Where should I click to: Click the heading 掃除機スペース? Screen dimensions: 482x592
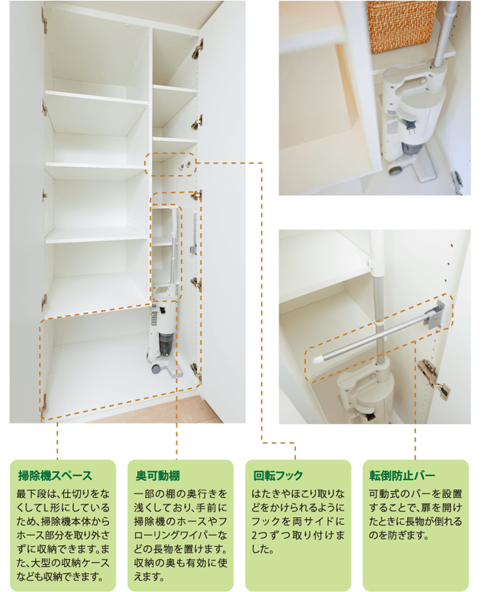click(x=55, y=476)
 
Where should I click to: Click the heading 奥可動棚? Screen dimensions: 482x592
click(x=157, y=476)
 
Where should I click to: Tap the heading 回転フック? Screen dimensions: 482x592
click(x=278, y=476)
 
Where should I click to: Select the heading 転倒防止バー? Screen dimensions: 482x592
click(x=402, y=476)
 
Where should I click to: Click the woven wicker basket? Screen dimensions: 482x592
click(x=401, y=26)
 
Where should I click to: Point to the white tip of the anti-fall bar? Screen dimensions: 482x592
click(x=318, y=359)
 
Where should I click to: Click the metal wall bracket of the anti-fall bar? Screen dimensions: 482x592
click(x=436, y=313)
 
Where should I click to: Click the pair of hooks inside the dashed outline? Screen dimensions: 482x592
click(x=185, y=165)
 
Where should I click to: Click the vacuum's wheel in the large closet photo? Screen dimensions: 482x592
click(x=155, y=368)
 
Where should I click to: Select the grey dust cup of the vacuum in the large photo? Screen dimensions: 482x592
click(x=166, y=343)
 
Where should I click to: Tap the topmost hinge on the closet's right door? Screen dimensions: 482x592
click(x=197, y=49)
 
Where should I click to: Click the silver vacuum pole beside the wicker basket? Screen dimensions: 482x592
click(x=445, y=34)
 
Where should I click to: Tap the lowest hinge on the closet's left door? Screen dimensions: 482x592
click(x=44, y=403)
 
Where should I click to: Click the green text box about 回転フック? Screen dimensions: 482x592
click(x=298, y=525)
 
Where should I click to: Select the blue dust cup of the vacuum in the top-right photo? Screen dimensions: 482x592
click(x=410, y=148)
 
